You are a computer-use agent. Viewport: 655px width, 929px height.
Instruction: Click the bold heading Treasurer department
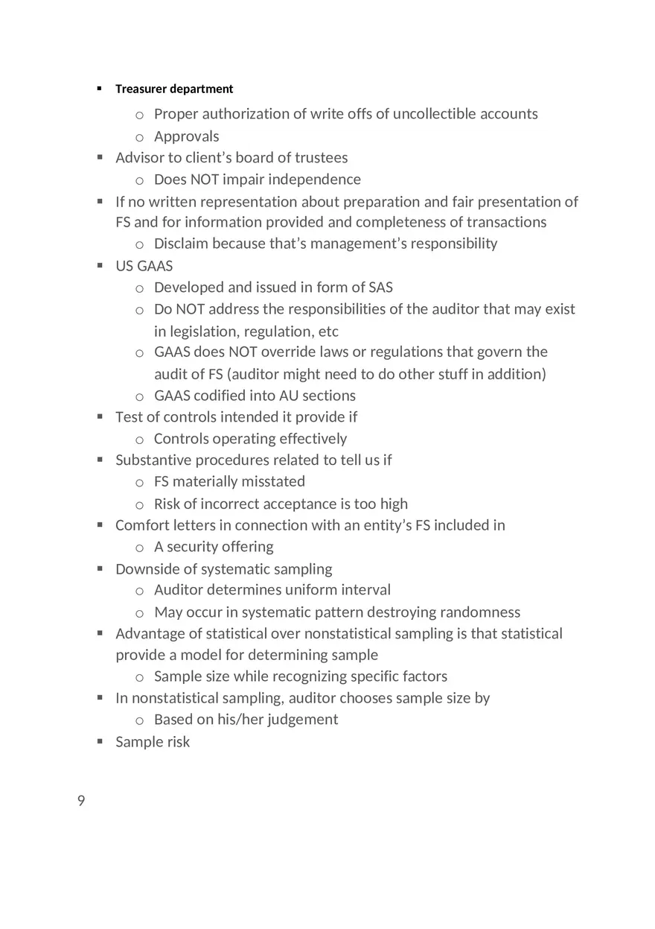click(x=174, y=89)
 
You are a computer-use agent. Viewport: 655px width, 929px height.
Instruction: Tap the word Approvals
click(x=186, y=136)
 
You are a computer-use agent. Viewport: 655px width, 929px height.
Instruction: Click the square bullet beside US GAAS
click(x=100, y=265)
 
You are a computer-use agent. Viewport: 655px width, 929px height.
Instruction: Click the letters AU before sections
click(x=289, y=396)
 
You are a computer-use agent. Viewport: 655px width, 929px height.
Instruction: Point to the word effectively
click(x=310, y=439)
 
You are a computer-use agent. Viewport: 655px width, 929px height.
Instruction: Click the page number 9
click(x=81, y=801)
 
